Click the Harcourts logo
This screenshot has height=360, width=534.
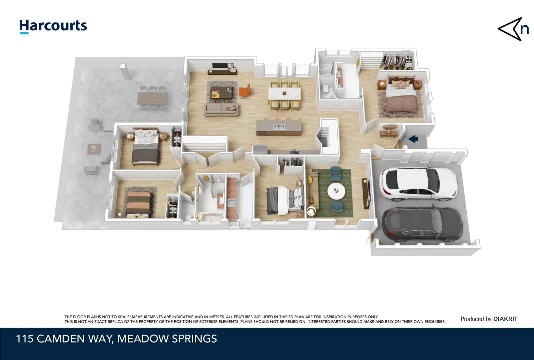(x=53, y=26)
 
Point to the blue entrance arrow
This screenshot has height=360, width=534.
(x=413, y=139)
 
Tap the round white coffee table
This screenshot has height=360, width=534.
(x=336, y=191)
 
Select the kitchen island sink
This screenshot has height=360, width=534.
(x=278, y=127)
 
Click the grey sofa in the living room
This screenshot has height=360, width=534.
(x=221, y=109)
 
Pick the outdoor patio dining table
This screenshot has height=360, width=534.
(x=153, y=98)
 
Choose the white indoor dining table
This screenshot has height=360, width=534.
(x=284, y=93)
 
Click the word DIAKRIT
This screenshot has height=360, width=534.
(x=505, y=319)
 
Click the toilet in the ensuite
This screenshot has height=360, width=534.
(x=325, y=89)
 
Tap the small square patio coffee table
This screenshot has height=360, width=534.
(x=92, y=149)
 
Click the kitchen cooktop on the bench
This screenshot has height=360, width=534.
(x=294, y=152)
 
